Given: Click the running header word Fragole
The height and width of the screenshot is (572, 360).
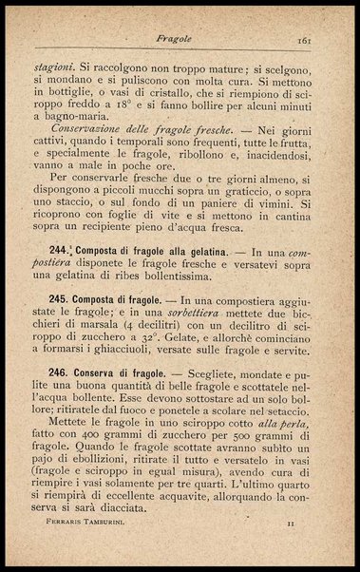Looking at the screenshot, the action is coord(176,40).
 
